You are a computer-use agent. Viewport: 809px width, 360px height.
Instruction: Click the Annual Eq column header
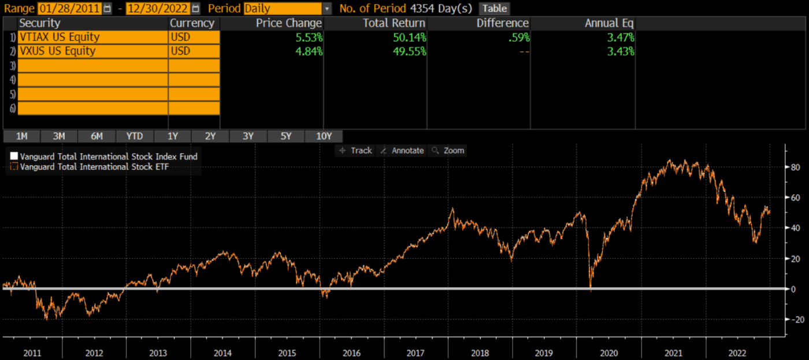609,23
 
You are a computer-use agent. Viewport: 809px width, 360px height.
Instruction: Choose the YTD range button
135,136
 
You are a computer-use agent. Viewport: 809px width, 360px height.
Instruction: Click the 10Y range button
324,136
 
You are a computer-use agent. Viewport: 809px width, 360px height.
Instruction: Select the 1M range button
22,136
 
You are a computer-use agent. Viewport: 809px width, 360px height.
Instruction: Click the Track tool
356,150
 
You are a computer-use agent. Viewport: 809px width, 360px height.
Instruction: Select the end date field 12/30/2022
158,9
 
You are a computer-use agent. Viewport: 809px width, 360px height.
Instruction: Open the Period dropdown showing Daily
288,9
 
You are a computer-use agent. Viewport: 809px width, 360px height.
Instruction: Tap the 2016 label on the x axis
351,353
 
